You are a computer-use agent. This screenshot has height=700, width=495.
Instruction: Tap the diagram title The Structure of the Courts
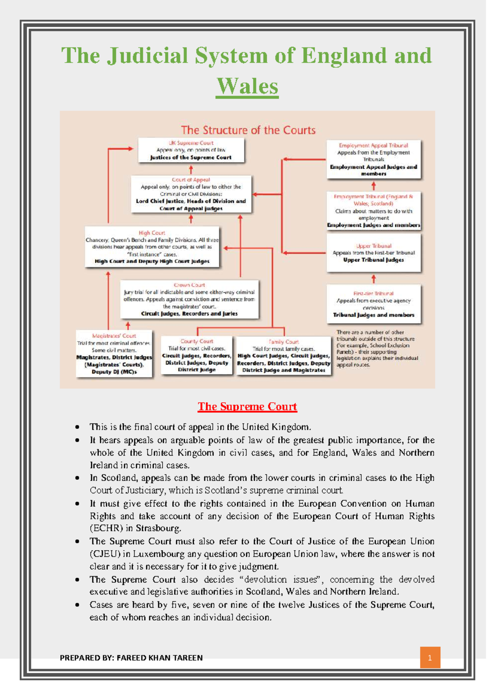pos(248,130)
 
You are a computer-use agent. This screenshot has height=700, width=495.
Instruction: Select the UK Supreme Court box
pos(191,150)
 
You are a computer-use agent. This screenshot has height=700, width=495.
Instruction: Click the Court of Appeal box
pos(191,194)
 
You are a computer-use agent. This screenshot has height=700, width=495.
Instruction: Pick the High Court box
pos(152,247)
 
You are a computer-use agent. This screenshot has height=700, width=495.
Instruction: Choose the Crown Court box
pos(189,299)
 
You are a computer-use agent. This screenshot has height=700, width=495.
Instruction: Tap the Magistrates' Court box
pos(114,353)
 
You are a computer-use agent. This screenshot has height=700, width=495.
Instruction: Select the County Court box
pos(197,355)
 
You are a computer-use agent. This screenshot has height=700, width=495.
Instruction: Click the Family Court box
pos(283,356)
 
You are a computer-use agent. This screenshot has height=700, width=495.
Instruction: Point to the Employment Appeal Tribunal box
pos(373,159)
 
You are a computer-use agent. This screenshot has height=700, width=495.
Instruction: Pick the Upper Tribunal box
pos(373,253)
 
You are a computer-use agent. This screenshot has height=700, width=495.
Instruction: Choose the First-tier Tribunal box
pos(373,304)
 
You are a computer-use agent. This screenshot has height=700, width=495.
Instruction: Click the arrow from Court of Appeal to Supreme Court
pos(191,169)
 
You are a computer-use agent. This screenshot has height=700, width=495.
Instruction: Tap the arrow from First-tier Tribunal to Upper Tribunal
pos(373,279)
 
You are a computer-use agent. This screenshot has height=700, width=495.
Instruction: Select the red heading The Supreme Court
pos(247,407)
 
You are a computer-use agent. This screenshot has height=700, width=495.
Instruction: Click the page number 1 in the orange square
pos(430,657)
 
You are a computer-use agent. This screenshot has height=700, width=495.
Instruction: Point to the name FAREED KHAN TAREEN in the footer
pos(160,658)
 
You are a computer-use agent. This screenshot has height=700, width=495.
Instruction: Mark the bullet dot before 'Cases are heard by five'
pos(77,605)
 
